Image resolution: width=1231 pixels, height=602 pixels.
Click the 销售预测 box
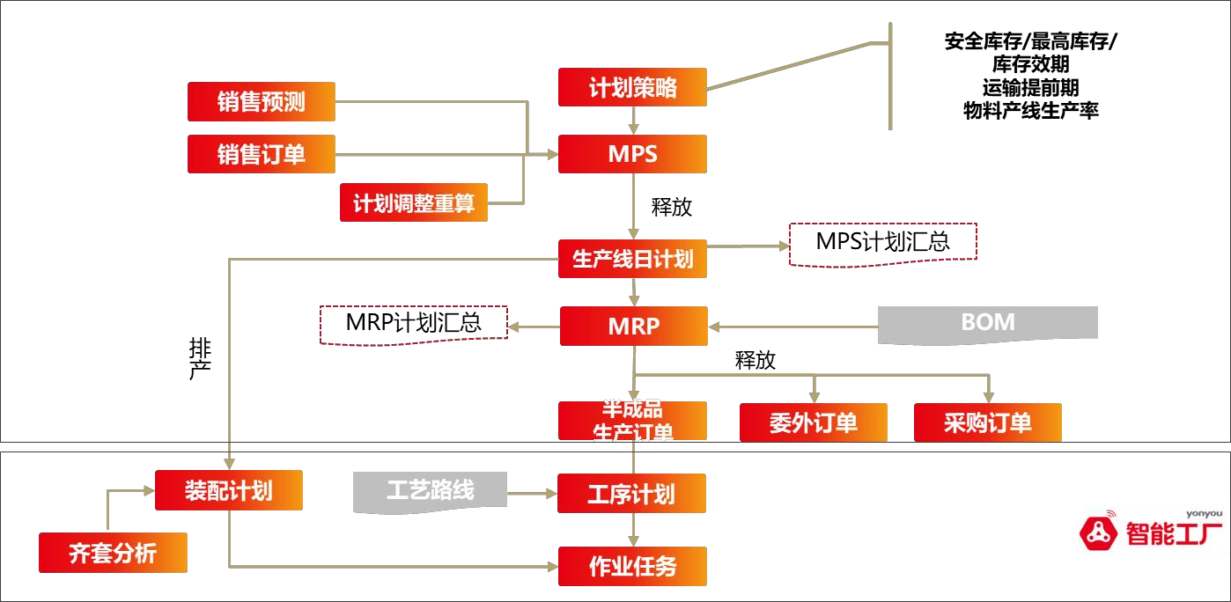(262, 101)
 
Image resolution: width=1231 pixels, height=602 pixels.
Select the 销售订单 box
(262, 154)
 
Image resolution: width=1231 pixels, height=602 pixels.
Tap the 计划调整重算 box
(414, 203)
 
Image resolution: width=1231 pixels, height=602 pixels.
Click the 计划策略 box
(632, 87)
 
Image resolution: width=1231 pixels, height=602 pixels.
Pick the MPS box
(632, 154)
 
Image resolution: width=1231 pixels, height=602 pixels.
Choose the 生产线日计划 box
(632, 259)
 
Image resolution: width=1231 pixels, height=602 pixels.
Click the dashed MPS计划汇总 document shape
(883, 243)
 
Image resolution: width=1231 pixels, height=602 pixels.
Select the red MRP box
(634, 326)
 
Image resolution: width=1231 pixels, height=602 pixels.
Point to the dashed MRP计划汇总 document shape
(414, 323)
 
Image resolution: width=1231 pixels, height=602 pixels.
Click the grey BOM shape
(988, 323)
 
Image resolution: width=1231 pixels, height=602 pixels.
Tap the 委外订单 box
(813, 422)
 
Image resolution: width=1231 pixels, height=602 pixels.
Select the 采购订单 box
(987, 422)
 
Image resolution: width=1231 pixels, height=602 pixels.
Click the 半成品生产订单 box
(632, 421)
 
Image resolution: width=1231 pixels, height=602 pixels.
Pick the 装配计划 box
(229, 490)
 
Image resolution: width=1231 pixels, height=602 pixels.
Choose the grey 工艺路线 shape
(431, 491)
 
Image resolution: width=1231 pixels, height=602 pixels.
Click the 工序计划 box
(631, 494)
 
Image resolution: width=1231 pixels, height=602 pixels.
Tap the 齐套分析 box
(113, 553)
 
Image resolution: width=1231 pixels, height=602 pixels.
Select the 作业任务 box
(632, 566)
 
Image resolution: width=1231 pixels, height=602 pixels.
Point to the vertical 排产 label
(199, 358)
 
